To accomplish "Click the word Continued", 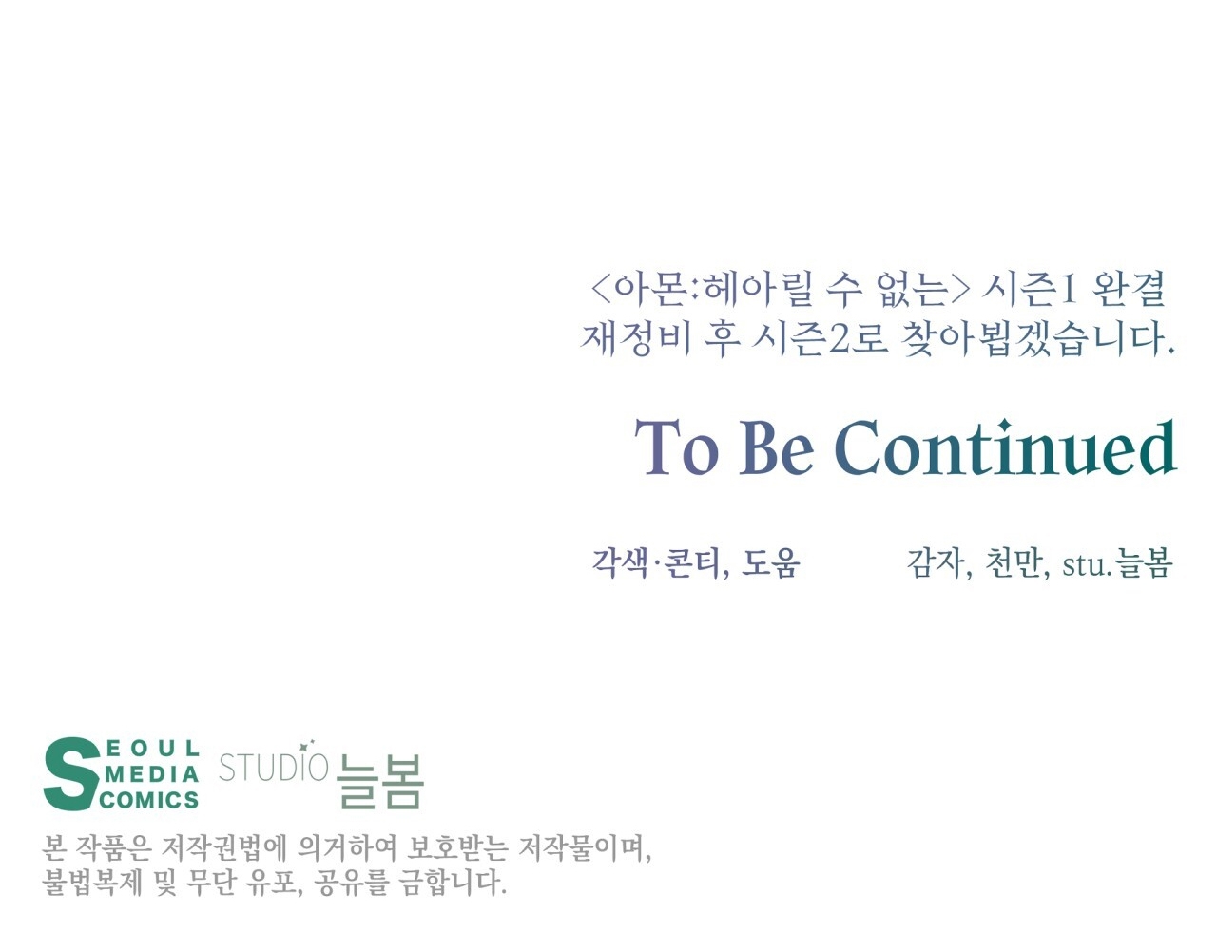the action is tap(1005, 447).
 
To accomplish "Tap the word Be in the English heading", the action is tap(776, 447).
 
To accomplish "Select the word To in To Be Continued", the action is tap(676, 447).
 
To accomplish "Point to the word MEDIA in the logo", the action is tap(152, 775).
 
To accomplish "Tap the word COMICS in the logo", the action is tap(149, 800).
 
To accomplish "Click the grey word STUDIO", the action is tap(273, 767).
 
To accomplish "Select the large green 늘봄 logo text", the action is tap(379, 781).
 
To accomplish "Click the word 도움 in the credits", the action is tap(770, 562).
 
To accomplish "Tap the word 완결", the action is tap(1130, 290).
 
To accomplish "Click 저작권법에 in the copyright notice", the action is tap(223, 848).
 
